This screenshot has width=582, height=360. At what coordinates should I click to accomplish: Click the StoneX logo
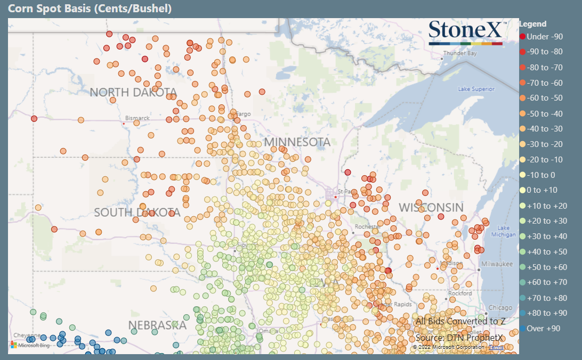466,31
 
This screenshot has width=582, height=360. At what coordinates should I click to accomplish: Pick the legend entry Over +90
543,329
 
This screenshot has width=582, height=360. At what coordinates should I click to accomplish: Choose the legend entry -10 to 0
541,175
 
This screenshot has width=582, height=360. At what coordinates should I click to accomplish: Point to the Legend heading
532,24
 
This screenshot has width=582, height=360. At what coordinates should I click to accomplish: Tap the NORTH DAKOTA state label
133,92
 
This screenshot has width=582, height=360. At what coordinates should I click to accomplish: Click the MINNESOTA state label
297,142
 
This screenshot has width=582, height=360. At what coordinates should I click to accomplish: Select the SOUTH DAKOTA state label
137,212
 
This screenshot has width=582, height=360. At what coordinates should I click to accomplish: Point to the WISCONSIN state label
431,207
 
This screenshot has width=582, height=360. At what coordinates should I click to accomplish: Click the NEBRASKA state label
157,325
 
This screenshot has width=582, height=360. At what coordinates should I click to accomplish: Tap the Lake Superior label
476,89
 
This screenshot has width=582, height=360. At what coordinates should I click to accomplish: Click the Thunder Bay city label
460,53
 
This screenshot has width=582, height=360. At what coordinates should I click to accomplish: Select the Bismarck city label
137,118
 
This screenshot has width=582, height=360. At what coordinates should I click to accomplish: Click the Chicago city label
499,308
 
